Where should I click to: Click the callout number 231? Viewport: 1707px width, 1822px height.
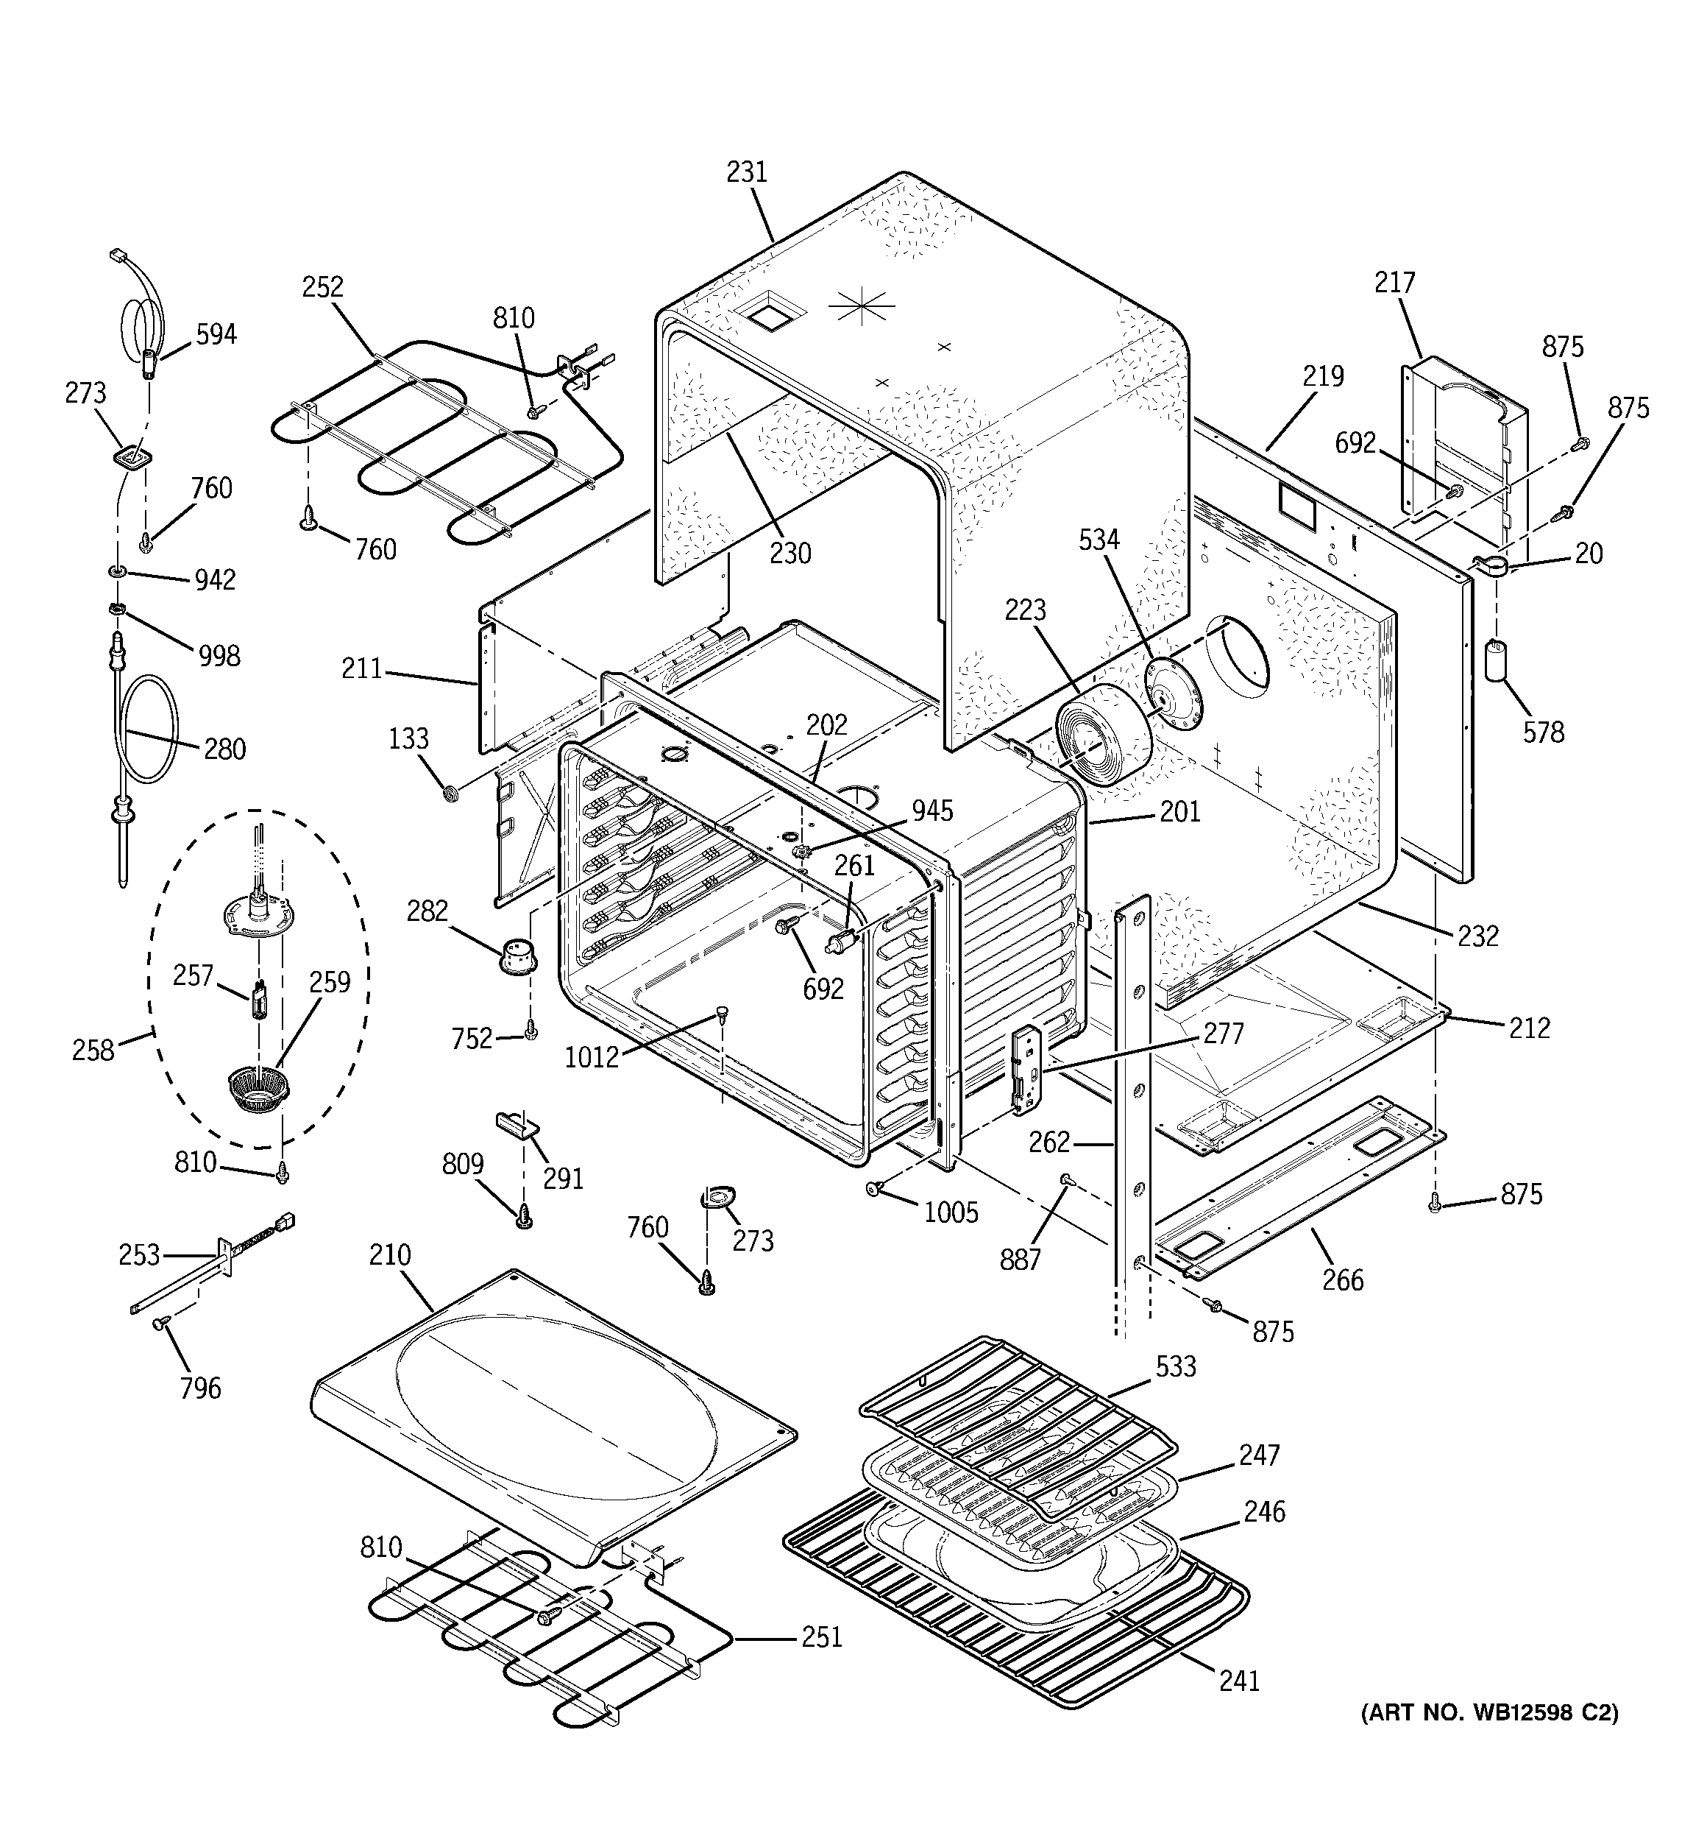coord(746,172)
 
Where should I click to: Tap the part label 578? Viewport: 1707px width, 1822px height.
coord(1543,732)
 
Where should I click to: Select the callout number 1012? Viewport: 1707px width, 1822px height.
coord(591,1058)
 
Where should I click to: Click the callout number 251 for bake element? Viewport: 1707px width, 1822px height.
coord(821,1637)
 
